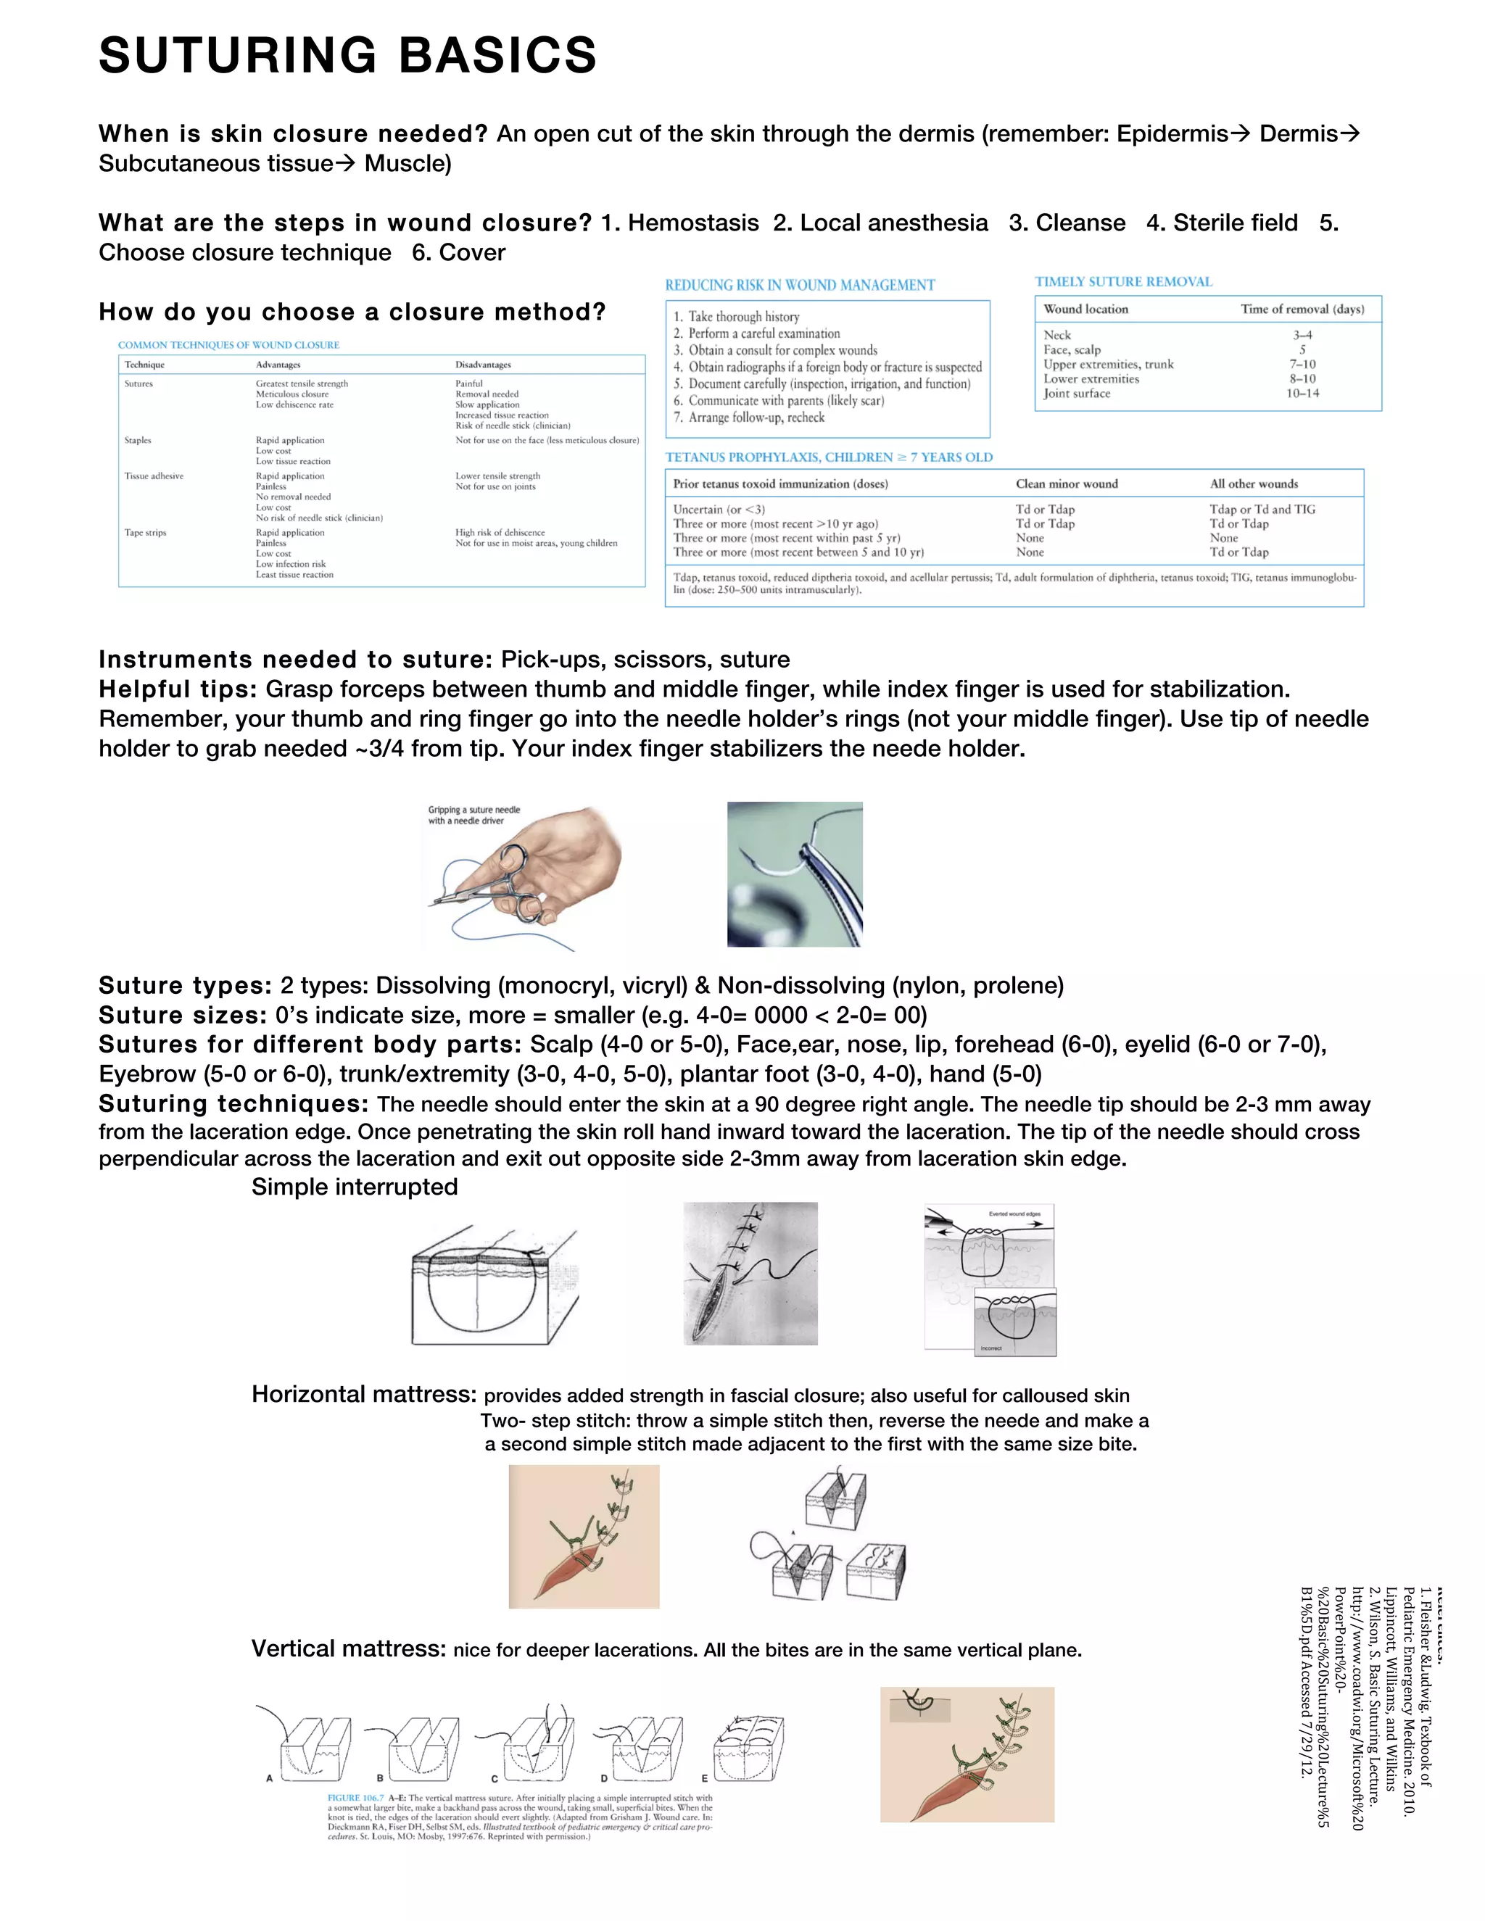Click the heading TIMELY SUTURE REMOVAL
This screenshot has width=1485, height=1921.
click(x=1122, y=281)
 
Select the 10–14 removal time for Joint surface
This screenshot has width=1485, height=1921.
click(x=1302, y=393)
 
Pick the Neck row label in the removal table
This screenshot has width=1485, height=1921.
click(x=1056, y=335)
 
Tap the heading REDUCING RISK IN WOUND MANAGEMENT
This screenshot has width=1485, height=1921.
click(x=800, y=285)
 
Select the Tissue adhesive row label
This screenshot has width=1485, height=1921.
click(x=154, y=476)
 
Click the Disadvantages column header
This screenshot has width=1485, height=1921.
click(x=482, y=364)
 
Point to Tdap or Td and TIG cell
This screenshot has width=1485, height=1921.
click(x=1262, y=510)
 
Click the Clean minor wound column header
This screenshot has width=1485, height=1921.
click(x=1066, y=484)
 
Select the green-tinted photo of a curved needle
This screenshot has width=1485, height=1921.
click(x=795, y=874)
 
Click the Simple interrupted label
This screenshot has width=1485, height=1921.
click(x=354, y=1187)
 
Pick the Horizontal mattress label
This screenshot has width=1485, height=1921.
click(x=363, y=1394)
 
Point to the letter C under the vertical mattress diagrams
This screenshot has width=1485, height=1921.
click(x=495, y=1778)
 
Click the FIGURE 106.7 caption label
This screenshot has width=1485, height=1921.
click(x=355, y=1798)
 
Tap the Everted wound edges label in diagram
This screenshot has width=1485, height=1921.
click(x=1014, y=1213)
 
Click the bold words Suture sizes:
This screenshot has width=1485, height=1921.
click(x=182, y=1015)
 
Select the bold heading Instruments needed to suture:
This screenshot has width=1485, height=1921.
click(x=294, y=660)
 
